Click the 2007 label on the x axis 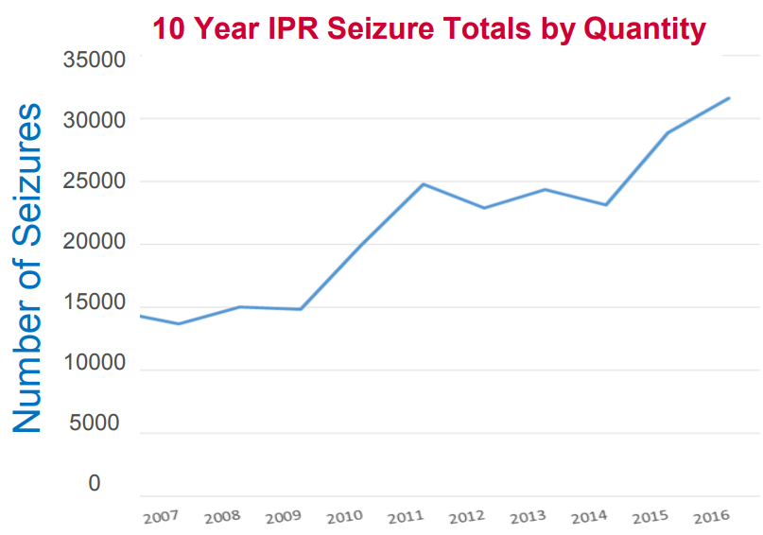coord(161,518)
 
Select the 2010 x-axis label coord(345,518)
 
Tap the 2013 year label coord(529,518)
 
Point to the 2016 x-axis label coord(710,517)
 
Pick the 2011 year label coord(407,518)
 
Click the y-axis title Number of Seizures coord(28,268)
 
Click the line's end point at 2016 coord(729,97)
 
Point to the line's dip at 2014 coord(606,205)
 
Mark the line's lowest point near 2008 coord(178,324)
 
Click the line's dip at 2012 coord(484,208)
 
